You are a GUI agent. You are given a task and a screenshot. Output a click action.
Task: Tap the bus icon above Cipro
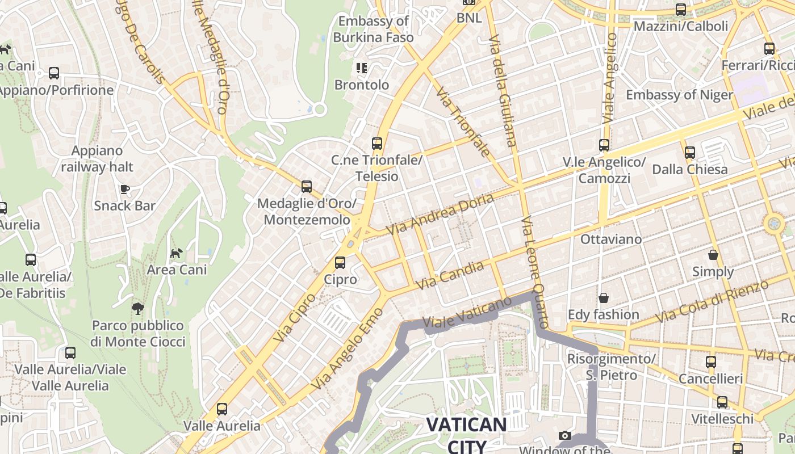click(x=340, y=263)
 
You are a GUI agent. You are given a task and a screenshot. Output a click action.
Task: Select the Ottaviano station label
click(x=611, y=239)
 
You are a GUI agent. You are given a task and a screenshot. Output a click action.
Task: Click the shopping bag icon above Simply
click(x=713, y=255)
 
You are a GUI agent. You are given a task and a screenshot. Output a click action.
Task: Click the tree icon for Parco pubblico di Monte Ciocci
click(x=137, y=309)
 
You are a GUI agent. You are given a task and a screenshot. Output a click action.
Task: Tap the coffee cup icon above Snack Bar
click(x=125, y=189)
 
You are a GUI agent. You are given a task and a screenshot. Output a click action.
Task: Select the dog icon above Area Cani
click(x=177, y=253)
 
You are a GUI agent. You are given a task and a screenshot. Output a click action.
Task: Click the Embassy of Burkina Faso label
click(x=373, y=30)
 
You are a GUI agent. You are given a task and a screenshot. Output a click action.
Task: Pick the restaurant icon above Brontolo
click(x=362, y=69)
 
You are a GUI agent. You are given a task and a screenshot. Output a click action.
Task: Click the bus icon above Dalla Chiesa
click(x=690, y=152)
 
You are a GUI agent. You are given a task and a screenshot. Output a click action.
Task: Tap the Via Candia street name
click(x=450, y=275)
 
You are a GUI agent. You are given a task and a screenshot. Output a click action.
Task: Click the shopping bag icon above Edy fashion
click(x=604, y=298)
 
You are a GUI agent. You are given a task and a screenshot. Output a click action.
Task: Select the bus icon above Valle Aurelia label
click(x=222, y=409)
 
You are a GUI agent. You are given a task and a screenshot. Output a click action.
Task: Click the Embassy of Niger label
click(x=679, y=94)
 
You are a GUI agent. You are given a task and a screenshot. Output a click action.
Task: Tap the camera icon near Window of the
click(x=565, y=435)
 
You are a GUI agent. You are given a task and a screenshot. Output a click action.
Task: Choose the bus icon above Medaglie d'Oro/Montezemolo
click(x=307, y=186)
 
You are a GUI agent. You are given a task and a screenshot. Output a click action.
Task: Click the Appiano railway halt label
click(x=97, y=159)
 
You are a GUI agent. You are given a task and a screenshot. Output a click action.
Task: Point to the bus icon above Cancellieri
click(x=711, y=361)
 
